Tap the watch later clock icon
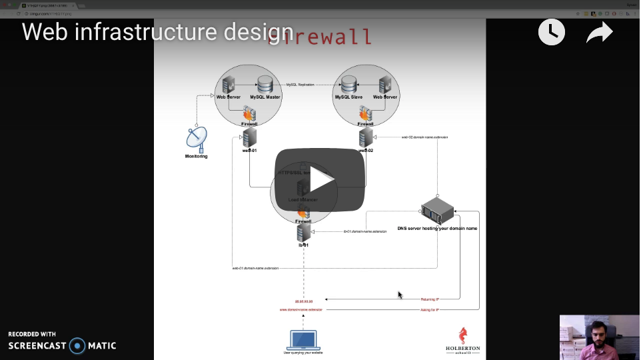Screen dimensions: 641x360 coord(551,32)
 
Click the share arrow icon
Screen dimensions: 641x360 coord(599,33)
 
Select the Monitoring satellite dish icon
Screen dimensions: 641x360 coord(197,139)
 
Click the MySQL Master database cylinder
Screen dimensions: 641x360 coord(265,84)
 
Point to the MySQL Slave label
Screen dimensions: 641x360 coord(348,97)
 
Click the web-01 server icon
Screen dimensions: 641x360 coord(250,137)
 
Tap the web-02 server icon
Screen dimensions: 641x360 coord(366,137)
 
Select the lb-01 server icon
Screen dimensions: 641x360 coord(304,232)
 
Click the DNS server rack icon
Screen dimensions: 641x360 coord(438,212)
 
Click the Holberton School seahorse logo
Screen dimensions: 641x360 coord(462,336)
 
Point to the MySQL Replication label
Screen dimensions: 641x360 coord(301,85)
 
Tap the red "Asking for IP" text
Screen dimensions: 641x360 coord(430,310)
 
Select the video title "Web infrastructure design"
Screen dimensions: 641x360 coord(157,31)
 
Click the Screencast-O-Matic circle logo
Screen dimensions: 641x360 coord(78,345)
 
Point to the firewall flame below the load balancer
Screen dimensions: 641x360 coord(303,213)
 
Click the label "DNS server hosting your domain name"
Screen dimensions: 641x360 coord(437,229)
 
